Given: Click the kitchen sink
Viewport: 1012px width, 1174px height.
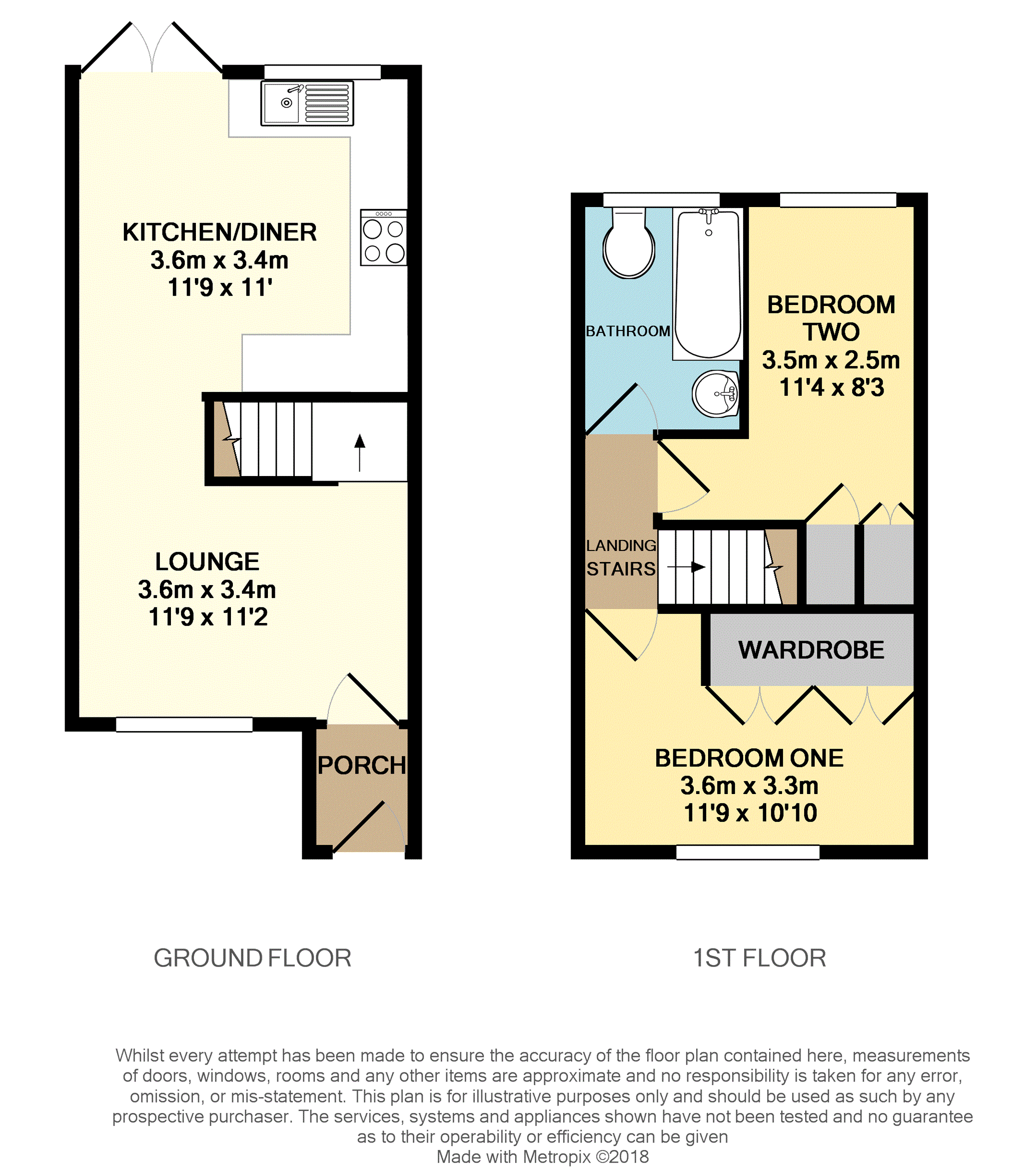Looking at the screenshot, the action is [307, 103].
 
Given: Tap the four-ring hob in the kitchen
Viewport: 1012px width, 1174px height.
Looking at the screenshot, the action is [383, 237].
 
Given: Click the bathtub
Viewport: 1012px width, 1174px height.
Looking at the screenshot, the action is [708, 284].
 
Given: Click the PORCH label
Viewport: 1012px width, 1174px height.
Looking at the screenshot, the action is [361, 765].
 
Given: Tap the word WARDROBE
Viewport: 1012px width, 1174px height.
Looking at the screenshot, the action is [811, 650].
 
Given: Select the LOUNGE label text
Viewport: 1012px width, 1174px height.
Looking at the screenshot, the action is [207, 561].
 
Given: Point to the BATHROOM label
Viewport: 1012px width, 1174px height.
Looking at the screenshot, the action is [628, 331].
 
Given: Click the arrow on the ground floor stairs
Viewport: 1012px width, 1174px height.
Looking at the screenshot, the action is [360, 452].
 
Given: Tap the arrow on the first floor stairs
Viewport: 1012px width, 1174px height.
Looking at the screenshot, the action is [686, 566].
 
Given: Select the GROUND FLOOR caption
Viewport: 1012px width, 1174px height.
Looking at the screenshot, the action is [252, 958].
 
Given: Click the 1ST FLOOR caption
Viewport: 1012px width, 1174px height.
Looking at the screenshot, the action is [760, 958].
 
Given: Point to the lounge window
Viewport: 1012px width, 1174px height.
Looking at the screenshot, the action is [184, 724].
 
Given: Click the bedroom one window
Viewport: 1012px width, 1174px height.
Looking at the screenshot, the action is [748, 852].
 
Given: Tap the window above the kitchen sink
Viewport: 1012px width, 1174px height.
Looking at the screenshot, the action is [322, 72].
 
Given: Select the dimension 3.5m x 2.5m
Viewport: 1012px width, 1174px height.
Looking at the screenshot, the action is [831, 360].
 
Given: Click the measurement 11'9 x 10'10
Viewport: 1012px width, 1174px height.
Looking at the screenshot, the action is [750, 813].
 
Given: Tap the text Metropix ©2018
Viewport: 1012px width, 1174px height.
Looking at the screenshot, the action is [586, 1156].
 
